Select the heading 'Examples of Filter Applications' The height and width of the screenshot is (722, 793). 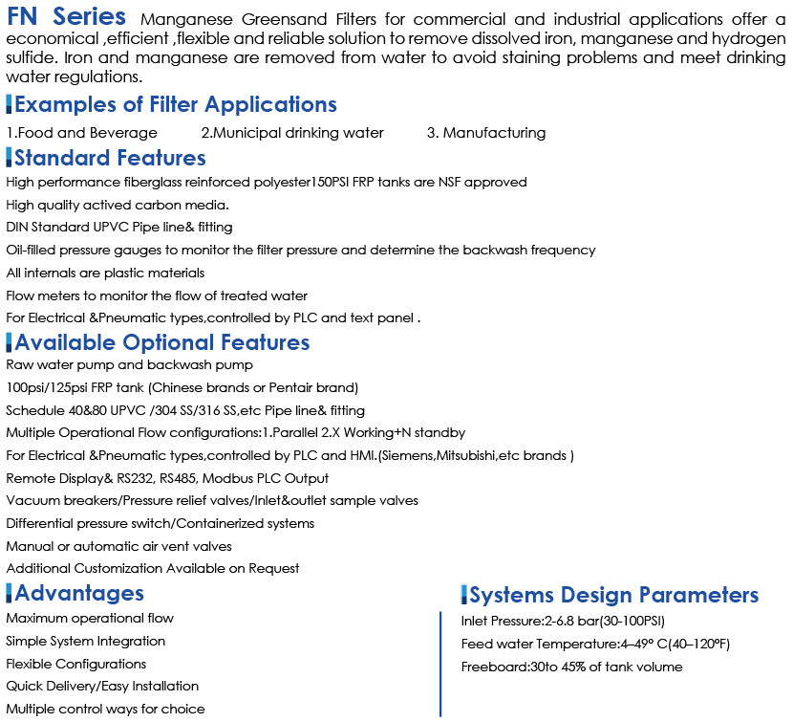click(x=175, y=104)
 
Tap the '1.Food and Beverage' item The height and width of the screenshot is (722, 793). click(x=81, y=133)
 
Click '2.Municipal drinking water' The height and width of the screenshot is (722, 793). click(x=292, y=133)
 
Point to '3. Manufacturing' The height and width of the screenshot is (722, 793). click(x=486, y=133)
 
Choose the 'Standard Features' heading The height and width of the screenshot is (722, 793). click(x=110, y=158)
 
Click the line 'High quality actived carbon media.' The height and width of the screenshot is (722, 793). click(x=117, y=205)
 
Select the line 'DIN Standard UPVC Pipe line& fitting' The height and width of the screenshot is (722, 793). click(x=119, y=228)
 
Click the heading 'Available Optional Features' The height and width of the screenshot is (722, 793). click(x=161, y=342)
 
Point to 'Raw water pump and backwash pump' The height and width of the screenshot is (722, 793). click(x=129, y=365)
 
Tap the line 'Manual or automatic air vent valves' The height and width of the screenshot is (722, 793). click(x=118, y=547)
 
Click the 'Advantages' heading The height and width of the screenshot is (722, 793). click(x=79, y=594)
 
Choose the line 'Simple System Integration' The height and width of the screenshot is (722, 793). click(x=85, y=641)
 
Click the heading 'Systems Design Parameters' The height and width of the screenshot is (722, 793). click(x=613, y=595)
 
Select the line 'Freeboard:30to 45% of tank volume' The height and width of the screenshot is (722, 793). click(x=571, y=667)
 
